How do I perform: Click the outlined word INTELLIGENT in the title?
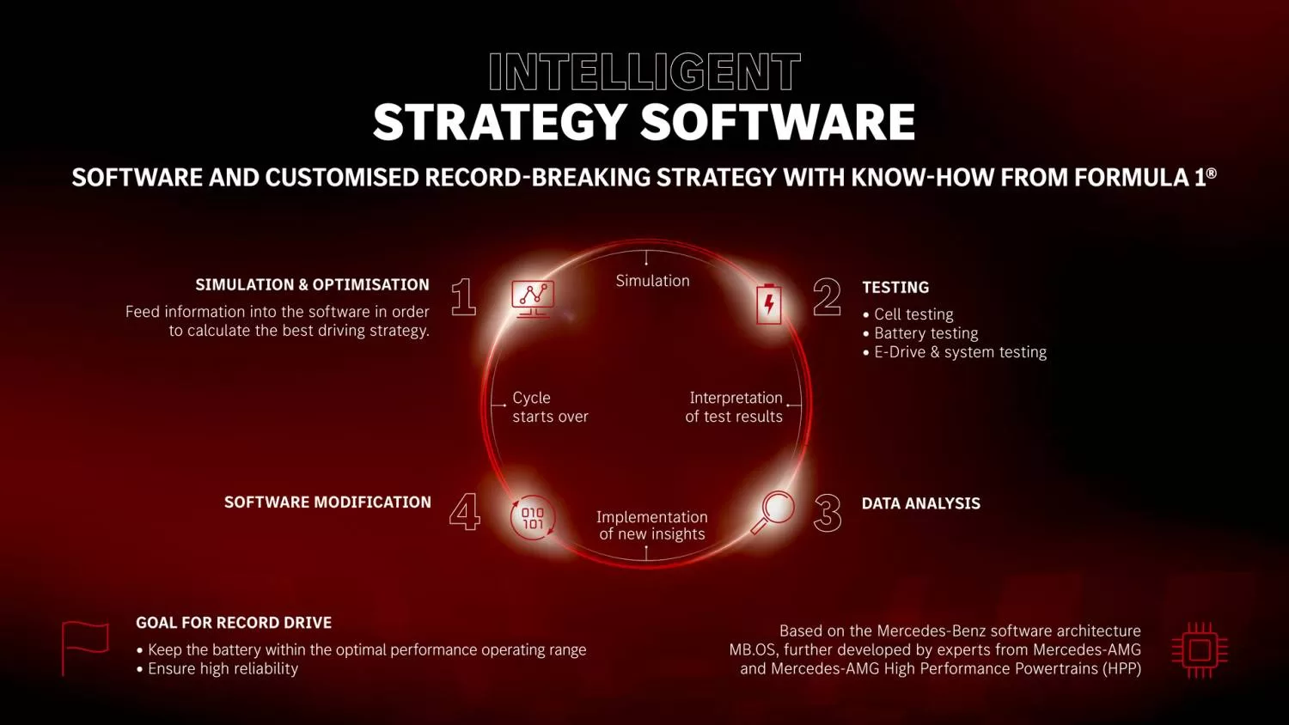click(x=644, y=72)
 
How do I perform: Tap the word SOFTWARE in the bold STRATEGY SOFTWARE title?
click(x=778, y=122)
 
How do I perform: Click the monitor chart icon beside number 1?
click(x=533, y=299)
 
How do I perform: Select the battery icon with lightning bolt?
click(x=769, y=303)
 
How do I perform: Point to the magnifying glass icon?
click(x=773, y=511)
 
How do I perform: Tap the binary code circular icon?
click(x=533, y=518)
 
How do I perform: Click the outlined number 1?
click(x=463, y=297)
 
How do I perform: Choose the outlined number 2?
click(x=827, y=297)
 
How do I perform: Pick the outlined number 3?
click(x=828, y=513)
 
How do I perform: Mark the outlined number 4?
click(x=464, y=511)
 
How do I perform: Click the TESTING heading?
click(x=895, y=287)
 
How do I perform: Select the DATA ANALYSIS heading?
click(x=920, y=503)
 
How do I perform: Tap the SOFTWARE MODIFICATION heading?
click(x=327, y=503)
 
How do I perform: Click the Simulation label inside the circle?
click(x=652, y=281)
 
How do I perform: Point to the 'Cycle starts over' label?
click(x=550, y=407)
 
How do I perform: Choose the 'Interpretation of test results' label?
click(x=734, y=407)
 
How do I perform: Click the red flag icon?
click(x=85, y=649)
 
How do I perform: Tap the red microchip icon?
click(x=1200, y=651)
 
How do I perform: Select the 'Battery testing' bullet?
click(x=920, y=333)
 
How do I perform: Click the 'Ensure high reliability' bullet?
click(x=217, y=668)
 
